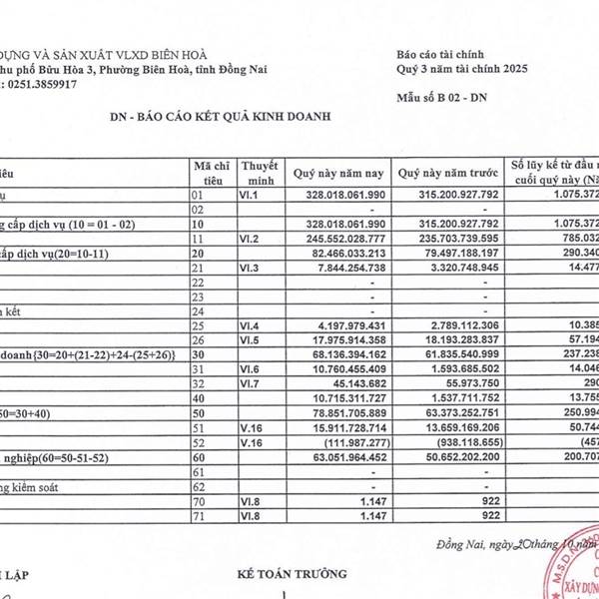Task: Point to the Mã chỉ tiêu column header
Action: coord(211,173)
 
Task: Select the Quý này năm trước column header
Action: coord(446,173)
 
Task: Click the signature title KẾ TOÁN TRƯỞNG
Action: coord(293,574)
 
